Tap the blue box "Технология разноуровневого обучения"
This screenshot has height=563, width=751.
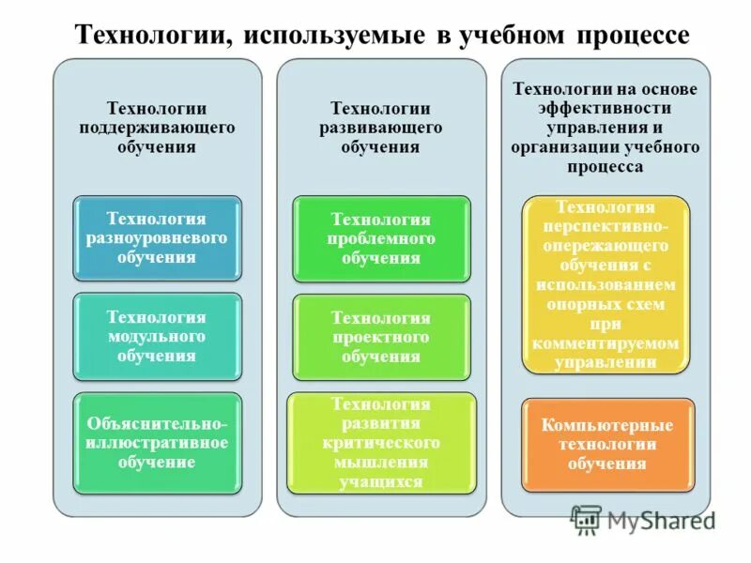158,237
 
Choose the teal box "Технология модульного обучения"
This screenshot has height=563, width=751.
158,336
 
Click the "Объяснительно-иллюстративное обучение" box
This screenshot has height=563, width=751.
158,443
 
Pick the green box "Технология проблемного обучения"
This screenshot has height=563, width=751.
381,238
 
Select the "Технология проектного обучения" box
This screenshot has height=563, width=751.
381,337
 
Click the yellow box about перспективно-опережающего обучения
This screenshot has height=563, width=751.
605,284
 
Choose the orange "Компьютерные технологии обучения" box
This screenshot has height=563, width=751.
607,444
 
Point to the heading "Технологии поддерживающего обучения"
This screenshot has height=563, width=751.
158,128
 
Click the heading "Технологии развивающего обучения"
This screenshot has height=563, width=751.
381,128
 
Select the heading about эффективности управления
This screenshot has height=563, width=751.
605,128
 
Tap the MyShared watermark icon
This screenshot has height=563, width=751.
586,520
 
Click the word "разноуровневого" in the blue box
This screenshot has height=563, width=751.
158,237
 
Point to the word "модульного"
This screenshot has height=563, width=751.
158,336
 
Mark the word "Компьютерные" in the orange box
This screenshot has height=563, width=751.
607,425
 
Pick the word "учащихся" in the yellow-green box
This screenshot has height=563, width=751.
381,482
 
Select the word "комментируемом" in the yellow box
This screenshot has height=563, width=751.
605,343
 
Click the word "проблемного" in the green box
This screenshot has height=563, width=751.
381,238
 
